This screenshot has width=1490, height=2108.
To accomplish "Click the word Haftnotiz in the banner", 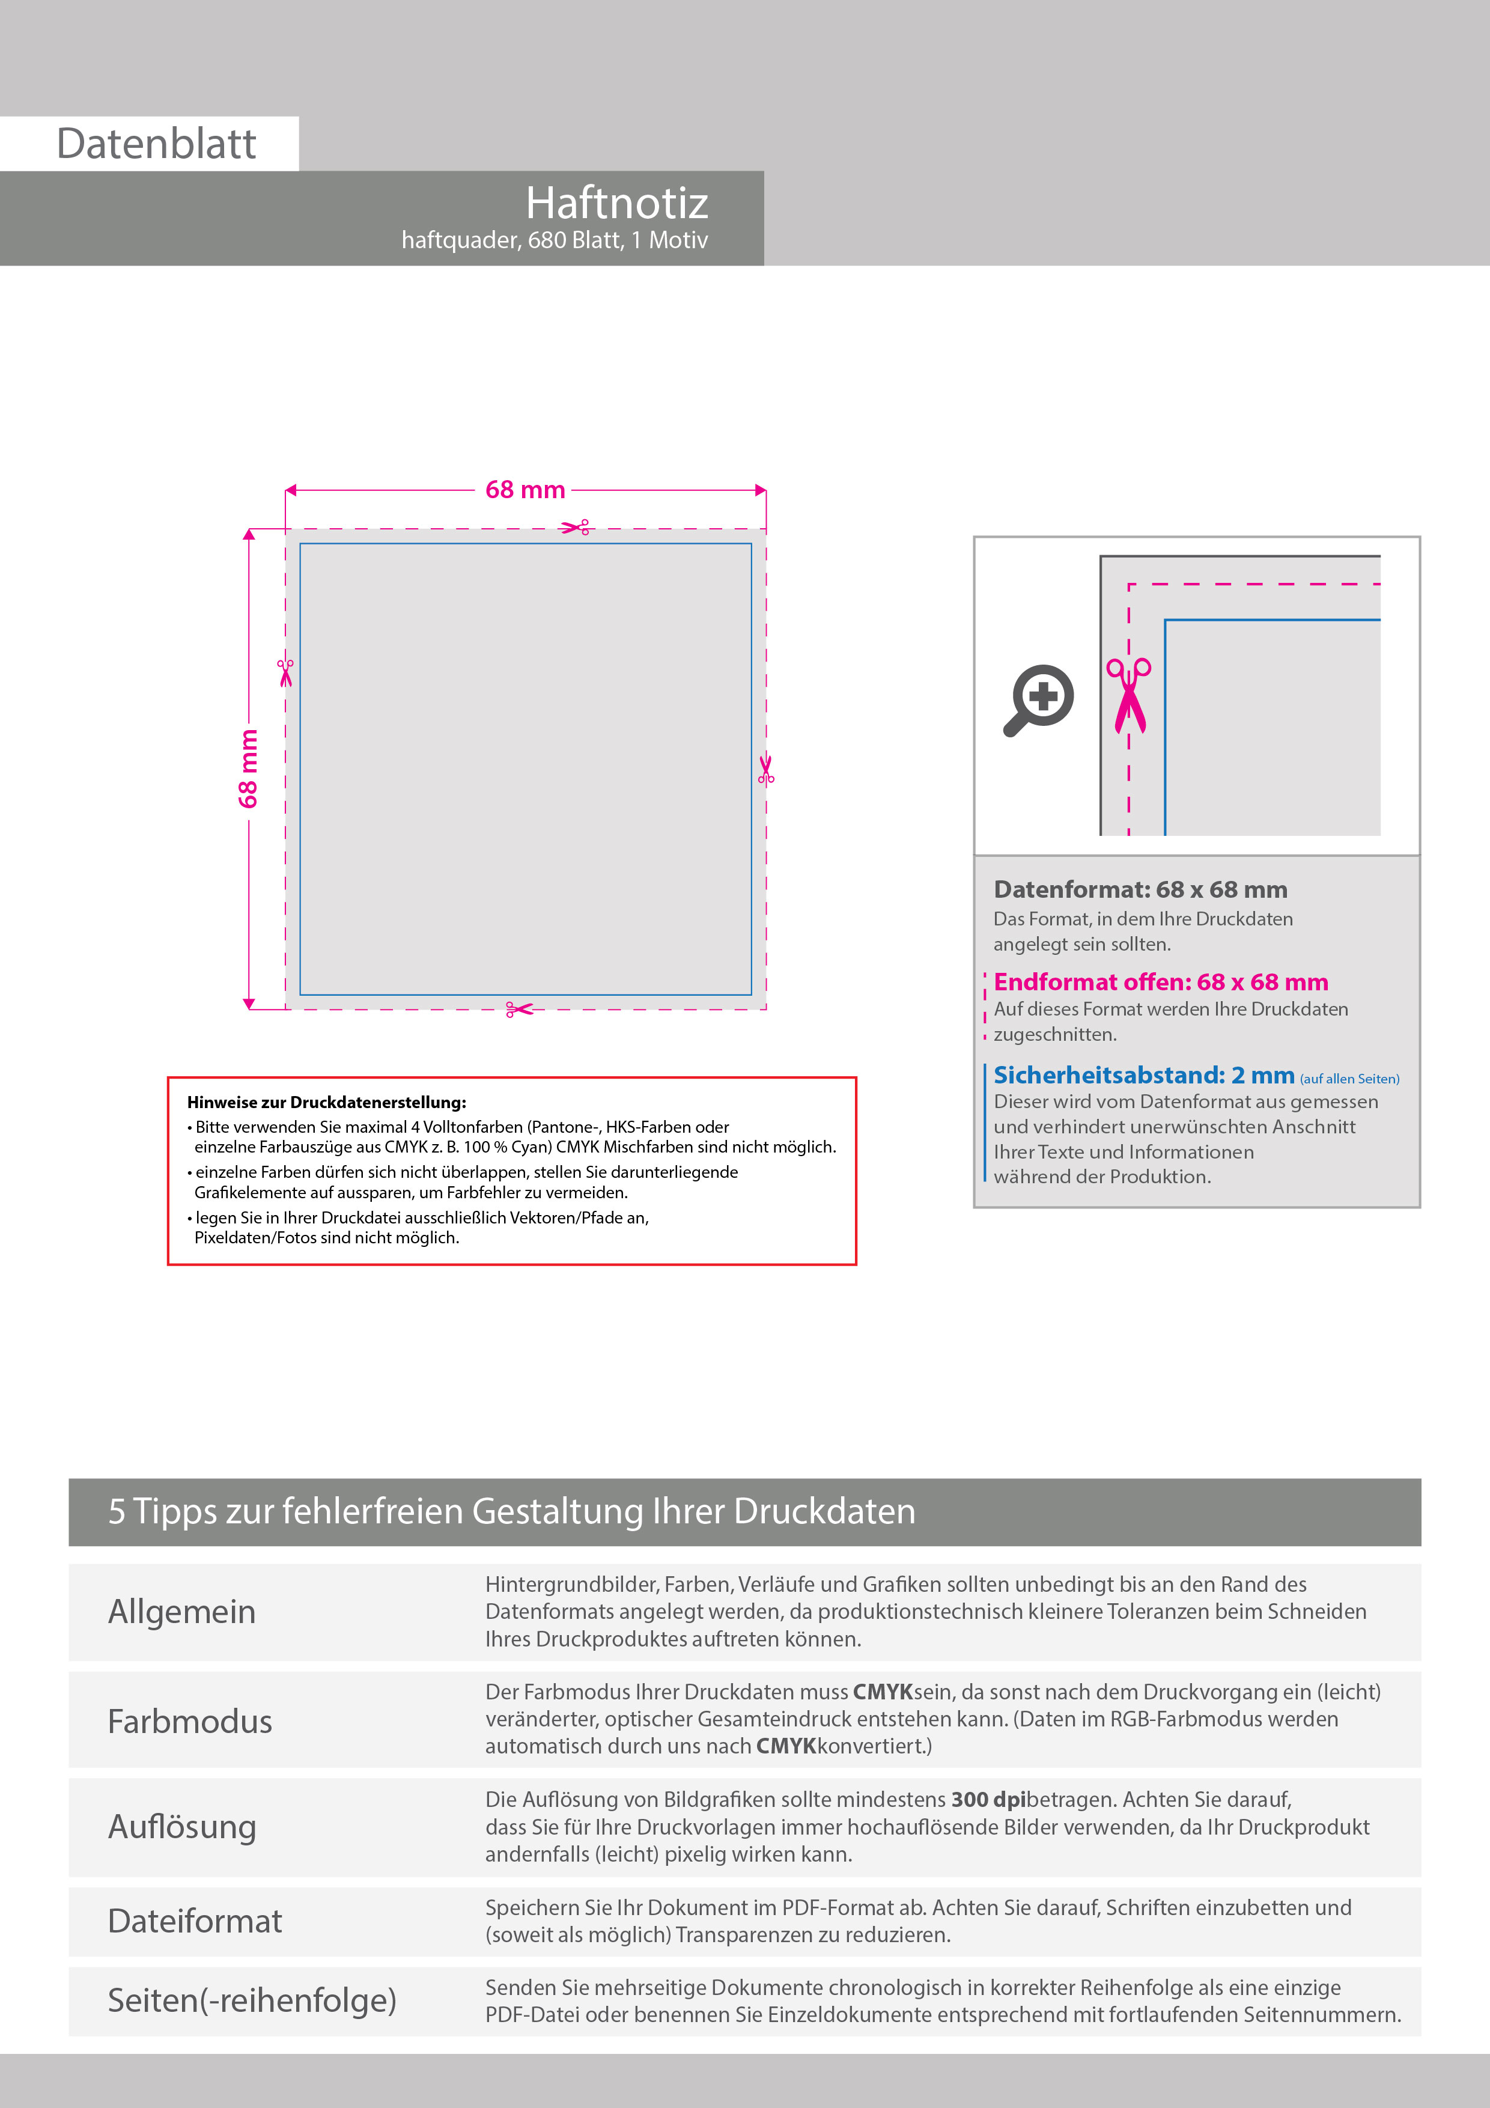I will click(617, 203).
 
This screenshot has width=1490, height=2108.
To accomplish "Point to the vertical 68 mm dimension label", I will click(249, 769).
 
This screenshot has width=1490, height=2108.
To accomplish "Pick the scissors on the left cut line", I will click(285, 672).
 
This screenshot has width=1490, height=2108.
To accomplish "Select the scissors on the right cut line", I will click(765, 769).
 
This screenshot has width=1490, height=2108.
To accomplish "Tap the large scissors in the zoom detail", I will click(1129, 695).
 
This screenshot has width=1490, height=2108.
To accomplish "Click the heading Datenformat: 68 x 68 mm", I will click(1140, 890).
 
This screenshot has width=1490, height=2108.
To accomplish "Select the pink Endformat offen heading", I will click(1160, 982).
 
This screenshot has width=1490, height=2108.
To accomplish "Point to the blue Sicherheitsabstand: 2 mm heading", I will click(1144, 1075).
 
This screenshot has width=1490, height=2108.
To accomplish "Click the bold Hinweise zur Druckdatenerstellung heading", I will click(327, 1103).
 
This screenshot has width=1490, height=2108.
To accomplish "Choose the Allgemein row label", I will click(182, 1611).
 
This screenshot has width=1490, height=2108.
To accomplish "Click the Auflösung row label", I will click(182, 1827).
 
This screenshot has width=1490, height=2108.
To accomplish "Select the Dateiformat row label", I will click(195, 1921).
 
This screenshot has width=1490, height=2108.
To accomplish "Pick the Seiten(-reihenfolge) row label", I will click(252, 2000).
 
